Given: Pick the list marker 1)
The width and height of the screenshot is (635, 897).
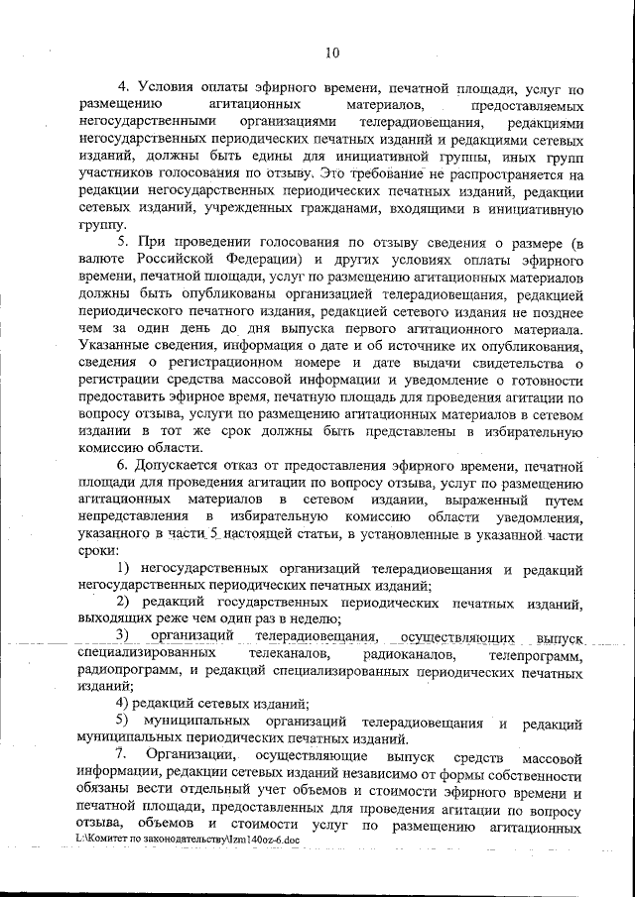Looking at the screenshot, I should click(124, 568).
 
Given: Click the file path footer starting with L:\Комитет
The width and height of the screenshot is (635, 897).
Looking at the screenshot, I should click(185, 840).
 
